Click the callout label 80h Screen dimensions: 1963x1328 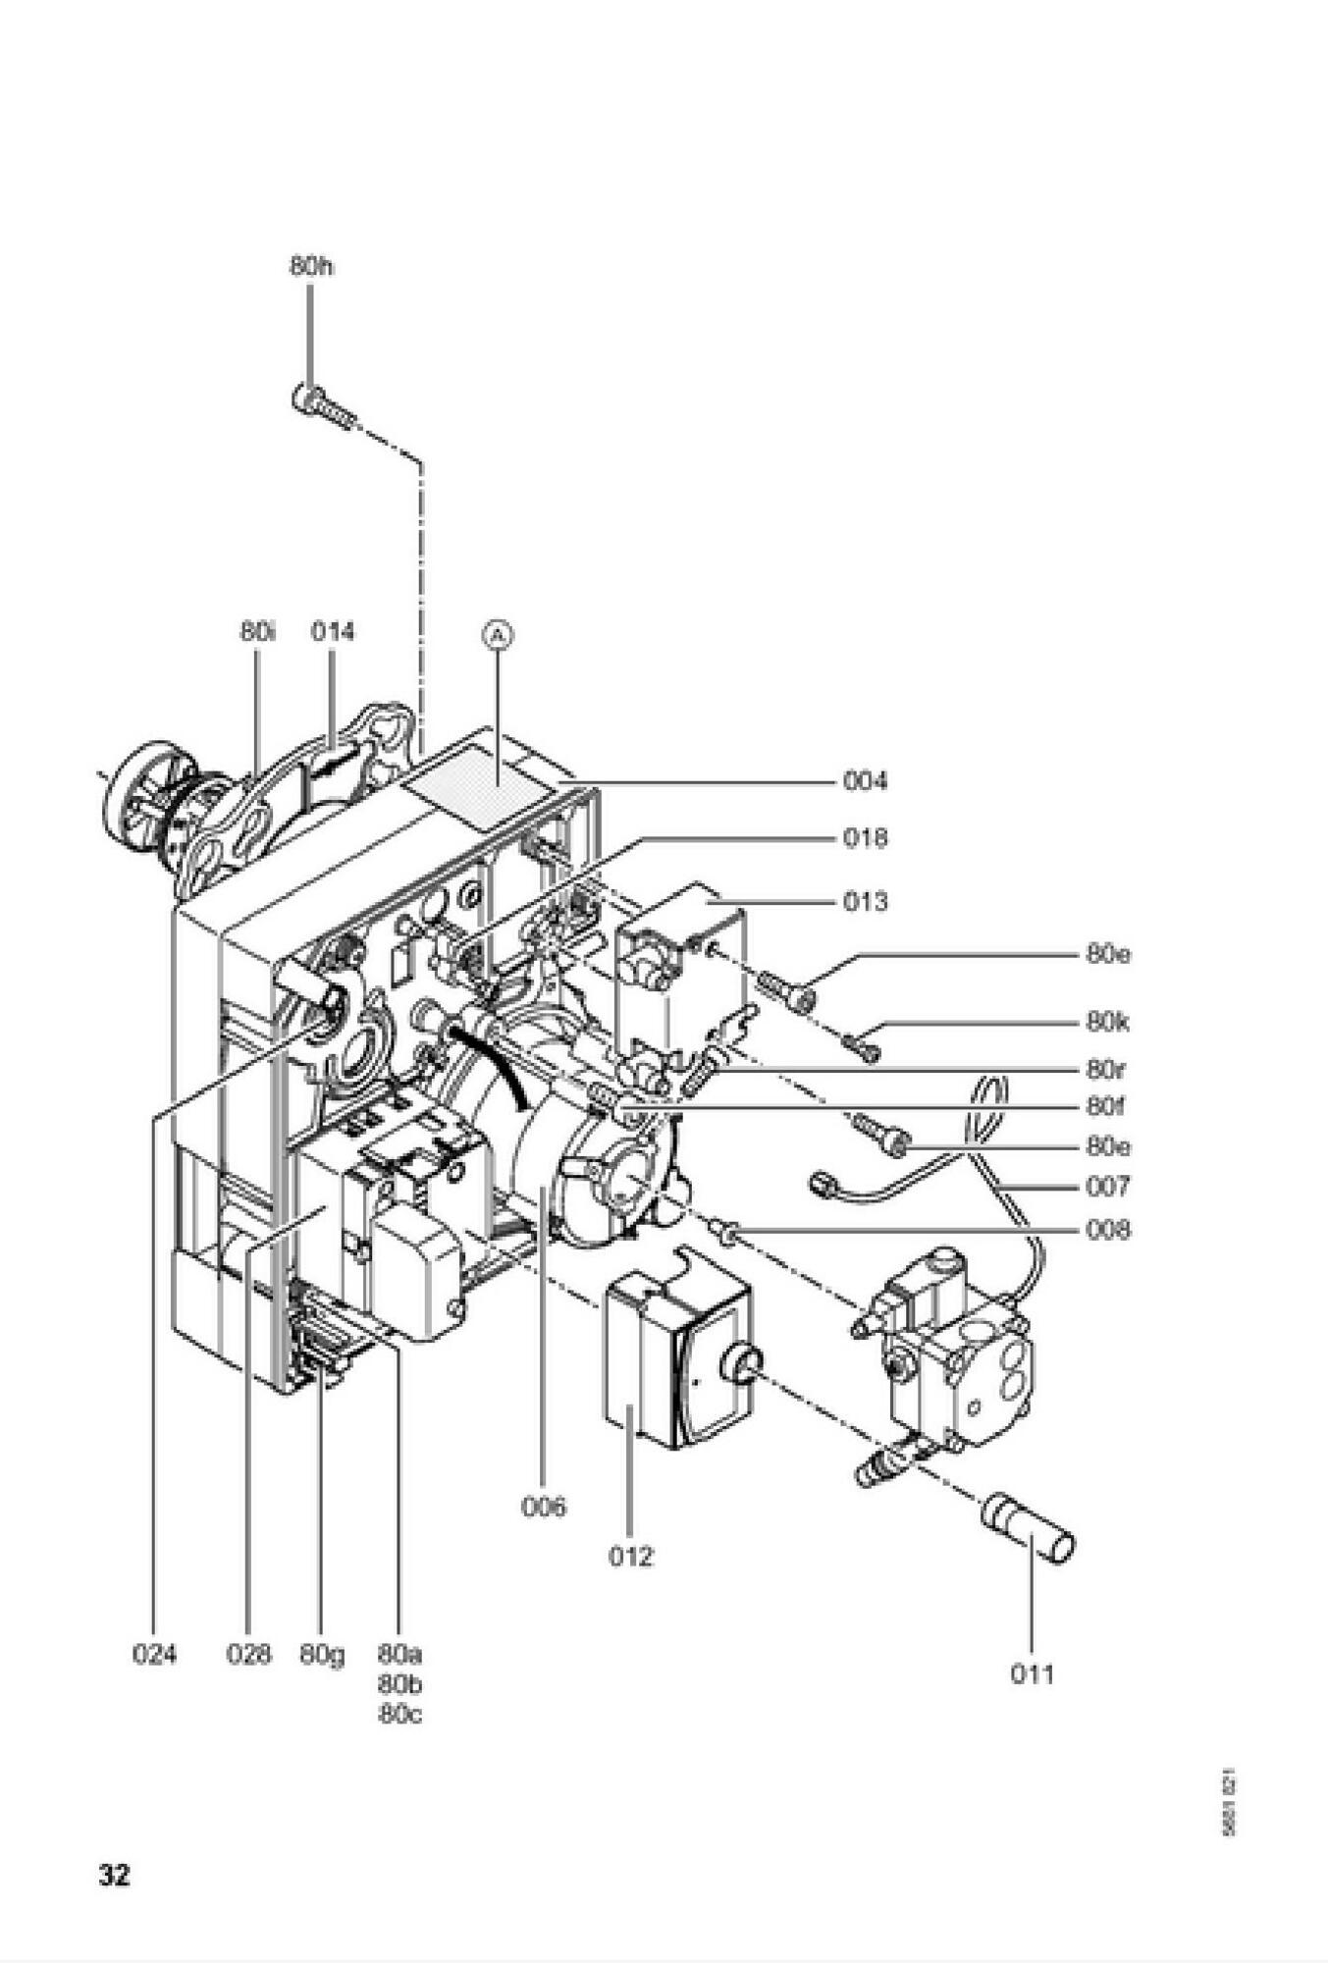click(x=310, y=266)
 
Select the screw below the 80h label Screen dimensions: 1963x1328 click(x=322, y=406)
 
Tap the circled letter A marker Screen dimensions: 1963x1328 click(x=498, y=636)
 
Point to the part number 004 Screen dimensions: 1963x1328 click(x=865, y=781)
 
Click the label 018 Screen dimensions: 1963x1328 click(x=865, y=838)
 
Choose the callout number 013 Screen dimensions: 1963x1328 click(x=865, y=901)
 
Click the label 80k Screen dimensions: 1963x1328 click(x=1107, y=1023)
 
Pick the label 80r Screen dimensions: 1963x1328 click(x=1105, y=1068)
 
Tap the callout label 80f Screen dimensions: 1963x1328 click(x=1105, y=1107)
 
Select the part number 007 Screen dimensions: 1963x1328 click(x=1107, y=1187)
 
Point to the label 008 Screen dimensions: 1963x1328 click(x=1107, y=1230)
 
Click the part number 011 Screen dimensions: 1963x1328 click(x=1032, y=1674)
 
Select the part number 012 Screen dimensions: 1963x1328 click(x=630, y=1556)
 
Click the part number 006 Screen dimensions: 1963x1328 click(x=544, y=1507)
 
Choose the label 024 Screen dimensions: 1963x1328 click(x=154, y=1655)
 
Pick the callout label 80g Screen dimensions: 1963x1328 click(x=322, y=1655)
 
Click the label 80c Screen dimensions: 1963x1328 click(x=399, y=1715)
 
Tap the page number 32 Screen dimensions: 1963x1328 click(x=114, y=1876)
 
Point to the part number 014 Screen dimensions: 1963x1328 click(x=332, y=631)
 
